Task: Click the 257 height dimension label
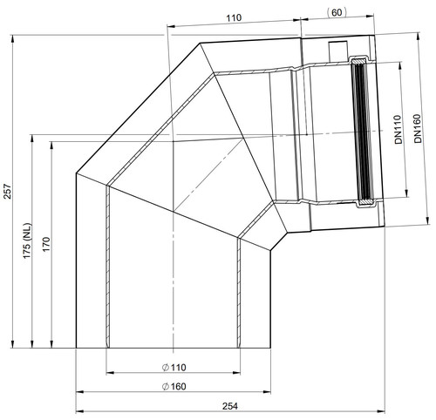pos(8,191)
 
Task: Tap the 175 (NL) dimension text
pos(27,240)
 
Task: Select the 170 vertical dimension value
pos(47,245)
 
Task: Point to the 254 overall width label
pos(230,406)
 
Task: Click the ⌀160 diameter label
pos(174,387)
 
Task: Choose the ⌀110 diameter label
pos(174,368)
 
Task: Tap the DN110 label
pos(399,130)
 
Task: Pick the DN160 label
pos(418,128)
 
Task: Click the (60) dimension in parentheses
pos(337,13)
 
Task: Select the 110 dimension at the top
pos(234,17)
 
